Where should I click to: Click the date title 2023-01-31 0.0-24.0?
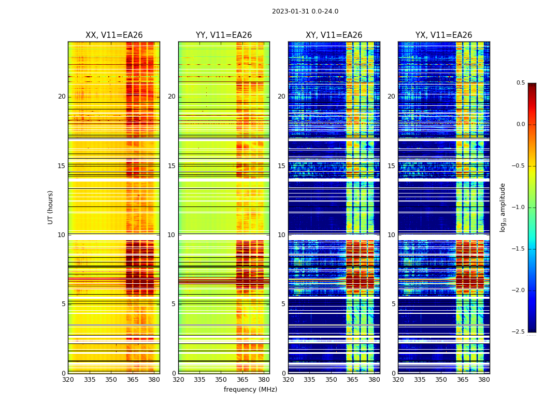[x=305, y=11]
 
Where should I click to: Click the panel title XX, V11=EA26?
[x=114, y=35]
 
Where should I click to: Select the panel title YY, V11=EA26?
[x=224, y=35]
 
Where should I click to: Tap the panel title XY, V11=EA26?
[x=334, y=35]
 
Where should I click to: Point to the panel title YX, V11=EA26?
[x=443, y=35]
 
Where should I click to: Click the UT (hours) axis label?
[x=50, y=207]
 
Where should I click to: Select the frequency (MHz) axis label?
[x=250, y=390]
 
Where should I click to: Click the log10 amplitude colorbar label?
[x=503, y=207]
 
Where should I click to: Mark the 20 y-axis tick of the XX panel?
[x=62, y=96]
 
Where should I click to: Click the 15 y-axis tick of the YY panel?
[x=171, y=165]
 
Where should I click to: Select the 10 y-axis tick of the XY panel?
[x=281, y=234]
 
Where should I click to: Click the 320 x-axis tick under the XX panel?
[x=68, y=380]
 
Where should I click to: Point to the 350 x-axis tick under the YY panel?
[x=221, y=380]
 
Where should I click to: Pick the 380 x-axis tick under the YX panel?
[x=484, y=380]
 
